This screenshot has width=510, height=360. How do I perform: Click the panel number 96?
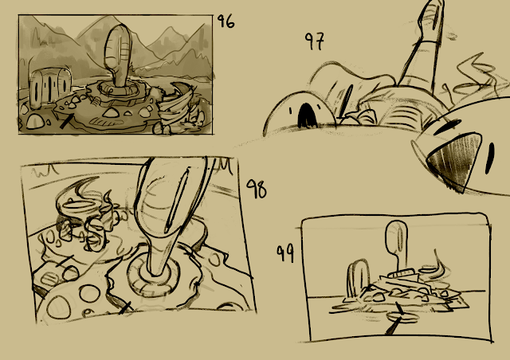coord(226,22)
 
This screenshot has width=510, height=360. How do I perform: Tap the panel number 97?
coord(315,41)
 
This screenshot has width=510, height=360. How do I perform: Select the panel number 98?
coord(257,189)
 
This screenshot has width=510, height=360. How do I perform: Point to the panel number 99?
coord(285,253)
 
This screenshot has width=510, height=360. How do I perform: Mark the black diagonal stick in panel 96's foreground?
coord(65,122)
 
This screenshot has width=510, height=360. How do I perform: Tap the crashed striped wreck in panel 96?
coord(177,108)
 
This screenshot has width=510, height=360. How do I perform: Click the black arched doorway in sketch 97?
coord(307,115)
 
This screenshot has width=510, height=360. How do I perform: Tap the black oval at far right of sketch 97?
coord(490,158)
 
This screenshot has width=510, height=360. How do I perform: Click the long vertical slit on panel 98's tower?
coord(177,200)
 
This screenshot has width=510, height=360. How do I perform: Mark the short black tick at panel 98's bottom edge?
coord(124,308)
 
